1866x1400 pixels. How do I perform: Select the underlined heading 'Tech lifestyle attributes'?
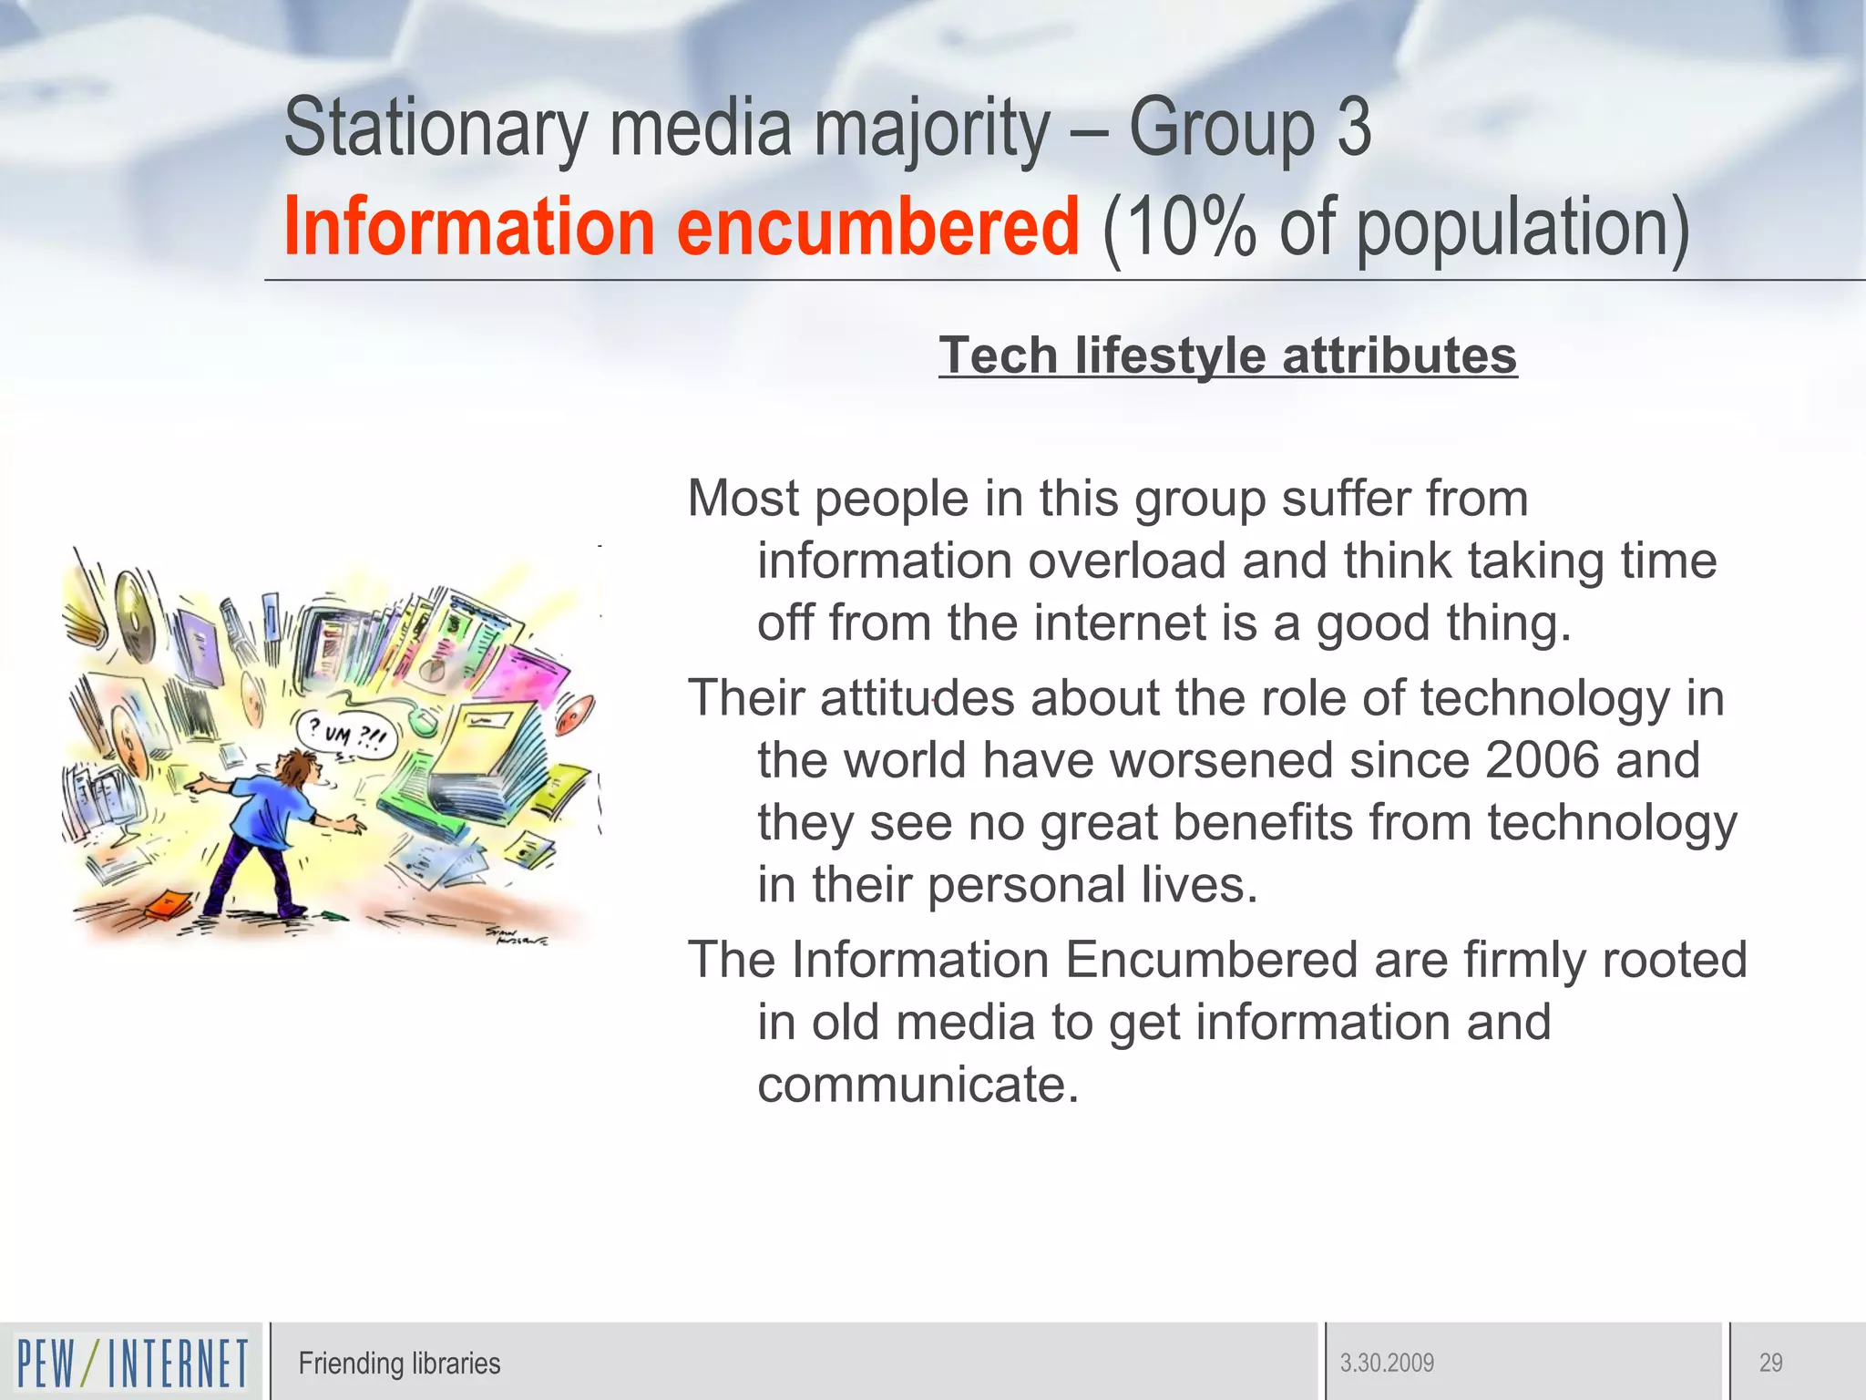pyautogui.click(x=1227, y=355)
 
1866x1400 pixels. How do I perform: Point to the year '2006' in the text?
pyautogui.click(x=1542, y=759)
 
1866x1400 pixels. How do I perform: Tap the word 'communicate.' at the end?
pyautogui.click(x=918, y=1084)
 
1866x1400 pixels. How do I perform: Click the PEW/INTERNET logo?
pyautogui.click(x=132, y=1362)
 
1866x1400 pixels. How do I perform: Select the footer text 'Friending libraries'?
pyautogui.click(x=399, y=1363)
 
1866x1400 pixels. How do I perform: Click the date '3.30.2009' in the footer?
pyautogui.click(x=1387, y=1363)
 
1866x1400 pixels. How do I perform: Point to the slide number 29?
pyautogui.click(x=1770, y=1363)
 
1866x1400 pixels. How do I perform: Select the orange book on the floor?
pyautogui.click(x=168, y=904)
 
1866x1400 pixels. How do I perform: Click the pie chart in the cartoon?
pyautogui.click(x=434, y=672)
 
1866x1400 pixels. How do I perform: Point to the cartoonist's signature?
pyautogui.click(x=516, y=936)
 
